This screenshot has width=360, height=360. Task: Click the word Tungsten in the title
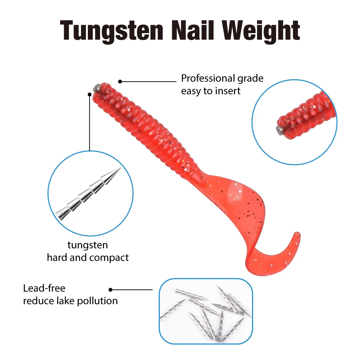pos(111,31)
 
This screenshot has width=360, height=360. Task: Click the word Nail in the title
pos(194,31)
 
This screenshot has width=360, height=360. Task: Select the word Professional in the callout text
pos(208,78)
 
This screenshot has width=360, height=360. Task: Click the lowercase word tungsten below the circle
pos(87,245)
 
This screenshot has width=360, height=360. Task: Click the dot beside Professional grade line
pos(120,81)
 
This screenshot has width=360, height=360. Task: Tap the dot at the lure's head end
pos(90,94)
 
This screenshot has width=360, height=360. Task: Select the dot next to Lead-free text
pos(111,289)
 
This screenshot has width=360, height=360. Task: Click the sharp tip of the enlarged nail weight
pos(120,168)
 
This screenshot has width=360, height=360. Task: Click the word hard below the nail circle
pos(57,258)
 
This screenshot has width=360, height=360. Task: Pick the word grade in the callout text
pos(250,78)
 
